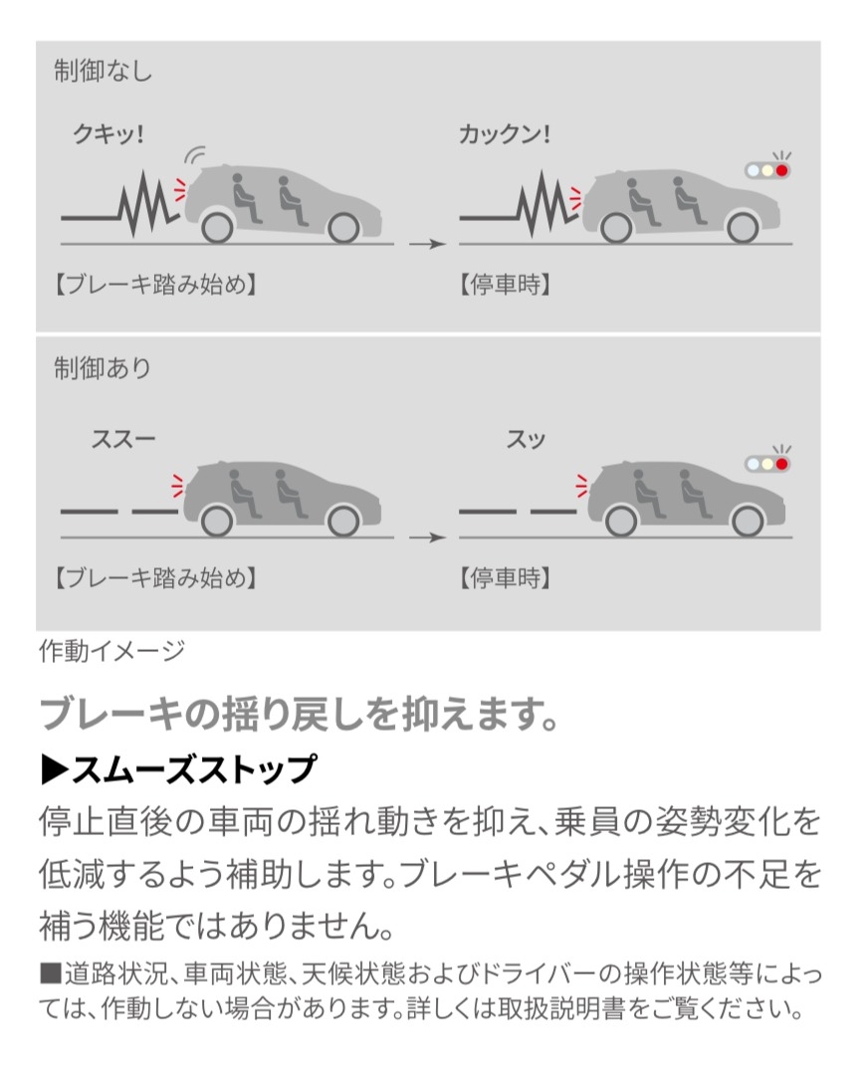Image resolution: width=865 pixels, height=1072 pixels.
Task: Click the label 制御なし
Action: click(x=103, y=71)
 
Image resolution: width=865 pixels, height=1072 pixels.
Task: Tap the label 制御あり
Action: click(x=103, y=368)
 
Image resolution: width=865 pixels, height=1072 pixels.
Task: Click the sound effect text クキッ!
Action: click(x=108, y=134)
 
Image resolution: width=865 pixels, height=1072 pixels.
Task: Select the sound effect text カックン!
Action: click(x=505, y=134)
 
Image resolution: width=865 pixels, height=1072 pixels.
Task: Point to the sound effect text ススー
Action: click(x=123, y=439)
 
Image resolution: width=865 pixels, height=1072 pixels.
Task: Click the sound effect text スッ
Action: click(x=526, y=439)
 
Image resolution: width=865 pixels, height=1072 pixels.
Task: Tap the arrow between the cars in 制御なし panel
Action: click(x=427, y=244)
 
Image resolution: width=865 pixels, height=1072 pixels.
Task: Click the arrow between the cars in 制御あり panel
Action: click(x=427, y=537)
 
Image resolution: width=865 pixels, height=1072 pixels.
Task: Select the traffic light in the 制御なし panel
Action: click(x=767, y=170)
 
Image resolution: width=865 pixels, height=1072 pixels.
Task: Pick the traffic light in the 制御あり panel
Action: click(x=767, y=464)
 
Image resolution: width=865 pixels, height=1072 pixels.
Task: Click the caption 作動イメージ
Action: click(x=112, y=651)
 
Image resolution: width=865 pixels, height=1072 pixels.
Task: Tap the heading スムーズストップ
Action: click(x=194, y=768)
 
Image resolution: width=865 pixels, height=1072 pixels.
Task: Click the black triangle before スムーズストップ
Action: click(x=55, y=769)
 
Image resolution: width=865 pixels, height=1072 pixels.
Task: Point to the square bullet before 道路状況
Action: click(x=51, y=972)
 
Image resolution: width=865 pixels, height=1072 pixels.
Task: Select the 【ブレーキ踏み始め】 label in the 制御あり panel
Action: click(x=155, y=578)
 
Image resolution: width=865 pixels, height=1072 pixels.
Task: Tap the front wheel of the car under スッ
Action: click(x=747, y=522)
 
